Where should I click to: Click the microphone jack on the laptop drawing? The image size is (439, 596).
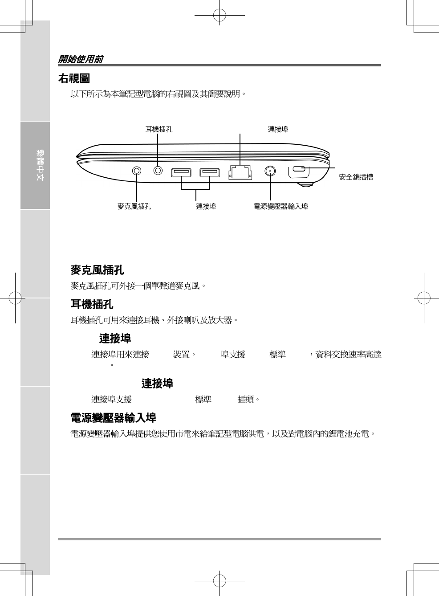[x=137, y=171]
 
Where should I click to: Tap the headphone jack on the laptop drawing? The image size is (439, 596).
[x=158, y=170]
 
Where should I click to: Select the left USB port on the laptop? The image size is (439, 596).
[x=181, y=172]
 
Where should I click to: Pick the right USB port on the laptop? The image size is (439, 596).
[x=209, y=172]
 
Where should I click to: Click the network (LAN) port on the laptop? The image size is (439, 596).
[x=240, y=172]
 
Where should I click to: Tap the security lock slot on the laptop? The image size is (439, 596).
[x=299, y=169]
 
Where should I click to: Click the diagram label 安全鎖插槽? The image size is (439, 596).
[x=356, y=177]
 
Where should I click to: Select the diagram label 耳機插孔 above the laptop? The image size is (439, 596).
[x=159, y=130]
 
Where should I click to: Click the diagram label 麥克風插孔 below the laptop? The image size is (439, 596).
[x=134, y=206]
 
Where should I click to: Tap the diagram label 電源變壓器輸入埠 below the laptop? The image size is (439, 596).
[x=280, y=206]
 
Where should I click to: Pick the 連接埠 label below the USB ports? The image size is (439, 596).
[x=206, y=206]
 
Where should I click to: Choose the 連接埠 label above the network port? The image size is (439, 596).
[x=278, y=130]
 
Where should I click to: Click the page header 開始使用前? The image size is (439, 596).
[x=81, y=59]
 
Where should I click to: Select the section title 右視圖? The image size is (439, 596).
[x=74, y=79]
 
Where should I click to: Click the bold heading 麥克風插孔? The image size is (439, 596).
[x=97, y=270]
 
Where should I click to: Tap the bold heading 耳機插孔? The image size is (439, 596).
[x=92, y=304]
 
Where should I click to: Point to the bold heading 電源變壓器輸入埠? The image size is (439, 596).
[x=113, y=418]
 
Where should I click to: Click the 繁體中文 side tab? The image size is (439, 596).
[x=40, y=165]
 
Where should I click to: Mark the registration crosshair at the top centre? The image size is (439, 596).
[x=219, y=16]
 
